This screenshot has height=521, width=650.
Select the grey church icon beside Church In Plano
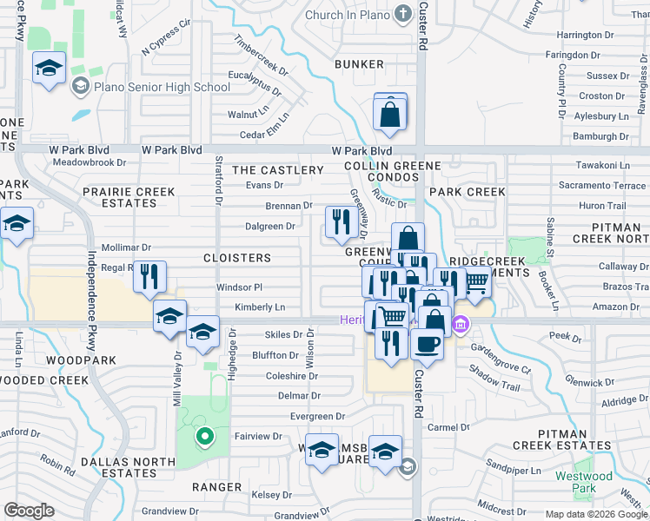[401, 13]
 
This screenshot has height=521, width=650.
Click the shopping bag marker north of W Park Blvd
[390, 114]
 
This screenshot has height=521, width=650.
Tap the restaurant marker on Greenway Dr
[337, 221]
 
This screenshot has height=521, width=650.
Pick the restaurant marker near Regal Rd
[149, 277]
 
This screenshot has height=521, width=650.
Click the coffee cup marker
[426, 343]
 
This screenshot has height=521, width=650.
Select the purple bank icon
[459, 326]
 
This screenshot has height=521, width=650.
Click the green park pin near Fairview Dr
[204, 436]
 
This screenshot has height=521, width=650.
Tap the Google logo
[29, 511]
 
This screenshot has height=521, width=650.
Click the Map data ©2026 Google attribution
[595, 514]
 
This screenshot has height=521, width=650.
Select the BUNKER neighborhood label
[359, 64]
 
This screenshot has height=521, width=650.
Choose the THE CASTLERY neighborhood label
[277, 170]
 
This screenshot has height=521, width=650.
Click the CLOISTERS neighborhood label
[237, 258]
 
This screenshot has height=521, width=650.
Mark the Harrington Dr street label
[586, 35]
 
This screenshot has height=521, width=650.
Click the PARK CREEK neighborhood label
[467, 191]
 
